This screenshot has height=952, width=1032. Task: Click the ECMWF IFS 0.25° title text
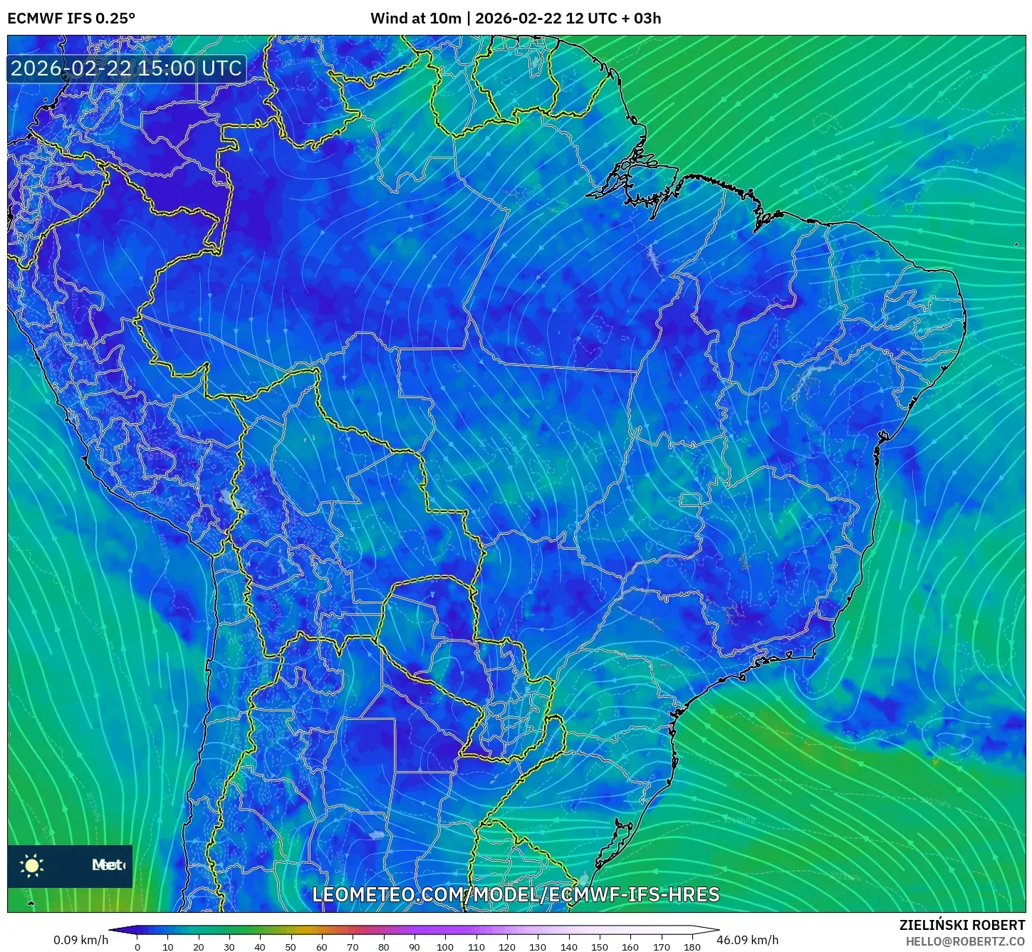pos(71,19)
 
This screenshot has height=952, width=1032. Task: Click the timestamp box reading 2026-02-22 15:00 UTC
pos(126,68)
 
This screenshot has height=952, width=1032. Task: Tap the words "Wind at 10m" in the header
pos(416,19)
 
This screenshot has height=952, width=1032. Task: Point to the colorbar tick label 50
pos(291,947)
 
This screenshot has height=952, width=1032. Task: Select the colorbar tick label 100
pos(445,947)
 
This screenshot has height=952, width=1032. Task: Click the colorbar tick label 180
pos(692,947)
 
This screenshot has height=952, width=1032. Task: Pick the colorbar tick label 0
pos(137,947)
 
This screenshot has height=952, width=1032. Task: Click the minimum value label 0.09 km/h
pos(81,940)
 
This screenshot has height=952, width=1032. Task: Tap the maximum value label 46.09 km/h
pos(747,940)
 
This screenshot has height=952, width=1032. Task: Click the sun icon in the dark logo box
pos(32,866)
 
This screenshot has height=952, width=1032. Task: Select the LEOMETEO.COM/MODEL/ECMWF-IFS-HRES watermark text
pos(516,895)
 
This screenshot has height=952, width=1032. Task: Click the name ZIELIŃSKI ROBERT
pos(962,926)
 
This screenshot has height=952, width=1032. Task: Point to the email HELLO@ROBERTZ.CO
pos(965,941)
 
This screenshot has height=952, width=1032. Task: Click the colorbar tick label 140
pos(568,947)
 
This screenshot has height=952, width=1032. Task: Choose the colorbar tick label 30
pos(229,947)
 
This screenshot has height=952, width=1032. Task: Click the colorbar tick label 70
pos(353,947)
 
